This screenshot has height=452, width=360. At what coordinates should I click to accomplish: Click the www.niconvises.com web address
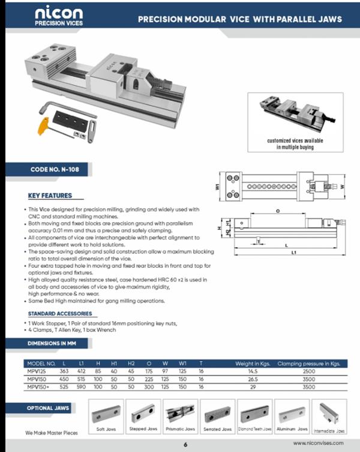318,443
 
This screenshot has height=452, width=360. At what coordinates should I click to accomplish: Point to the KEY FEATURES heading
50,196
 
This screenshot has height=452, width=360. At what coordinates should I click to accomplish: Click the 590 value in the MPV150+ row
80,387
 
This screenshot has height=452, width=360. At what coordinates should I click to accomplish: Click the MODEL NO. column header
41,364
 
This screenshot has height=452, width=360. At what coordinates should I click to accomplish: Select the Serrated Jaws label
218,429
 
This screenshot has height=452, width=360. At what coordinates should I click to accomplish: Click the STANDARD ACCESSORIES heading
60,313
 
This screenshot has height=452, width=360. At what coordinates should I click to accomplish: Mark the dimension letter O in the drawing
278,211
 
